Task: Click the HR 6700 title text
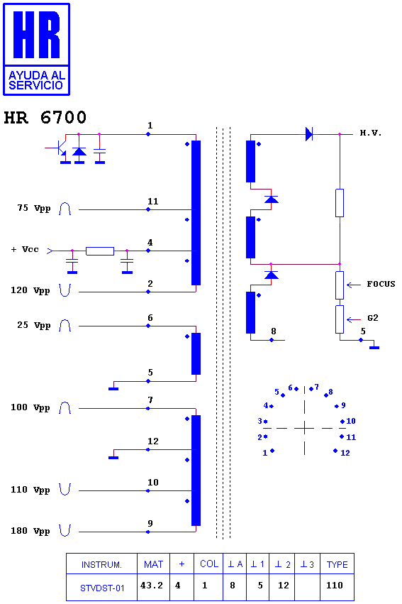[45, 118]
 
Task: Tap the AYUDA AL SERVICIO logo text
[37, 80]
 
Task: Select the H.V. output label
[371, 133]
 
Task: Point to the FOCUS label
[381, 284]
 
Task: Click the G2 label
[373, 318]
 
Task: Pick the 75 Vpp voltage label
[34, 208]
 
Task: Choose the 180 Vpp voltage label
[30, 531]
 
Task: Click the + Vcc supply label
[25, 249]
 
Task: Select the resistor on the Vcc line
[100, 251]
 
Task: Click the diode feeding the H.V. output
[308, 134]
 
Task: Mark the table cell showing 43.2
[152, 586]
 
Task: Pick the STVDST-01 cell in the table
[102, 588]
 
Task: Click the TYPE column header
[337, 564]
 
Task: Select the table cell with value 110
[335, 586]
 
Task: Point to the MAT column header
[153, 564]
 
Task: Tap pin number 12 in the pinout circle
[345, 453]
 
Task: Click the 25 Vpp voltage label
[34, 325]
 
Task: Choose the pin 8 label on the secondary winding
[274, 331]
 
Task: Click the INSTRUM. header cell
[101, 565]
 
